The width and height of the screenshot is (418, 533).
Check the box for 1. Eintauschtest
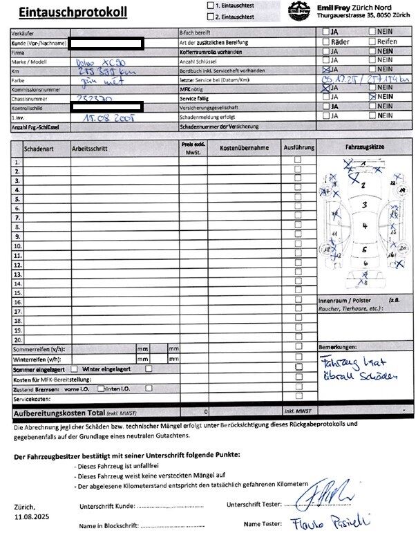[211, 6]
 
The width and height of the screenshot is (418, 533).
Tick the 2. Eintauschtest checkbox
[211, 15]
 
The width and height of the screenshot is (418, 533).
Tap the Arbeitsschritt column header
[90, 148]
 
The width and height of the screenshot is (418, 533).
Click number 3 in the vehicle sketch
[364, 205]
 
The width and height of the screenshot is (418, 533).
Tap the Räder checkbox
[326, 41]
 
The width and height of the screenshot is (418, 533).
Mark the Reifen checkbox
[372, 41]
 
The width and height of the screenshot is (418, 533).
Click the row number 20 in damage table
[17, 340]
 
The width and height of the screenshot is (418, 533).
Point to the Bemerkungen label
[338, 346]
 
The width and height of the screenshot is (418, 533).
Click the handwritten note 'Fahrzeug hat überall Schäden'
[360, 368]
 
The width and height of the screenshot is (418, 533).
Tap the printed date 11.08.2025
[30, 516]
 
